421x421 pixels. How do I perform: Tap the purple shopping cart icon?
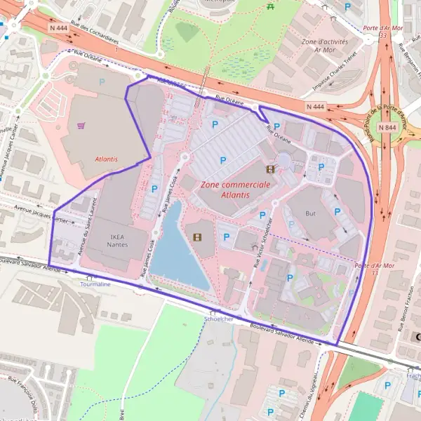point(81,126)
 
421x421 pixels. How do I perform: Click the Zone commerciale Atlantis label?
point(235,189)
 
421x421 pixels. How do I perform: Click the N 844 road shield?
point(387,128)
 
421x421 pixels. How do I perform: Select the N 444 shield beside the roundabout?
point(316,106)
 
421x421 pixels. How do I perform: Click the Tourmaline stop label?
point(95,285)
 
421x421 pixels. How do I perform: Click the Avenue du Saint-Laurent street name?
point(85,234)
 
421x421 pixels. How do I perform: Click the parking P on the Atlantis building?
point(102,82)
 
